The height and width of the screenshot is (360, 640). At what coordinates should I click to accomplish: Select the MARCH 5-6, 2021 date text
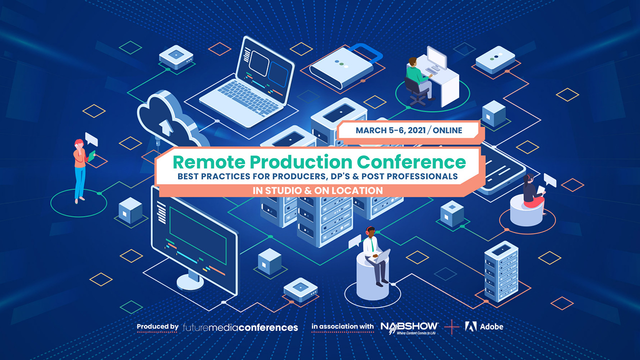[x=391, y=130]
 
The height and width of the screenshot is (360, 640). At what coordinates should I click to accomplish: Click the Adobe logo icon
[x=470, y=326]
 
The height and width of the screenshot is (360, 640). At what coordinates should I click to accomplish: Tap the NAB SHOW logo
[x=409, y=327]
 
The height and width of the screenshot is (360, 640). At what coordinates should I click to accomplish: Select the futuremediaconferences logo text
[x=240, y=327]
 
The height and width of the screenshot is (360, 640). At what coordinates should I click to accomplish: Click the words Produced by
[x=157, y=327]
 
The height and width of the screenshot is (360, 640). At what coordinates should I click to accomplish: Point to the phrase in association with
[x=342, y=327]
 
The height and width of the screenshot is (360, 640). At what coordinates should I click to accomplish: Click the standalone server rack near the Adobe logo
[x=501, y=272]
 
